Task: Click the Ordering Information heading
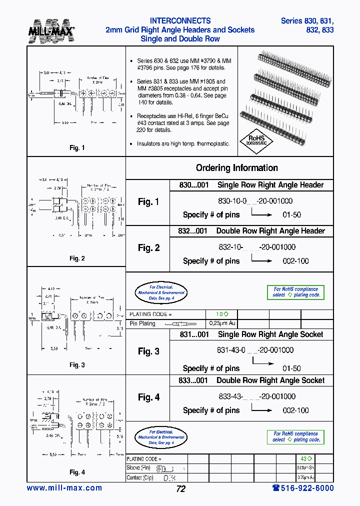pyautogui.click(x=236, y=168)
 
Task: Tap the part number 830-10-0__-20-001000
pyautogui.click(x=255, y=201)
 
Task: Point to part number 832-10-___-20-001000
pyautogui.click(x=256, y=247)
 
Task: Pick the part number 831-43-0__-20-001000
pyautogui.click(x=255, y=350)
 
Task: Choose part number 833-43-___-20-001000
pyautogui.click(x=256, y=396)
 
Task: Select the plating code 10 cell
pyautogui.click(x=222, y=314)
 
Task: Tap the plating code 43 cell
pyautogui.click(x=306, y=458)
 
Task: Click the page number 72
pyautogui.click(x=180, y=489)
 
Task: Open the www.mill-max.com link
pyautogui.click(x=64, y=488)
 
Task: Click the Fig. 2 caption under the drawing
pyautogui.click(x=77, y=258)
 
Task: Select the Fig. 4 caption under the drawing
pyautogui.click(x=77, y=472)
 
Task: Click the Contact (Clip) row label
pyautogui.click(x=141, y=477)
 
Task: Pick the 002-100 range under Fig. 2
pyautogui.click(x=296, y=261)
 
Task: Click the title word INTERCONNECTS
pyautogui.click(x=180, y=21)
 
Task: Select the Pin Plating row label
pyautogui.click(x=142, y=323)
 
